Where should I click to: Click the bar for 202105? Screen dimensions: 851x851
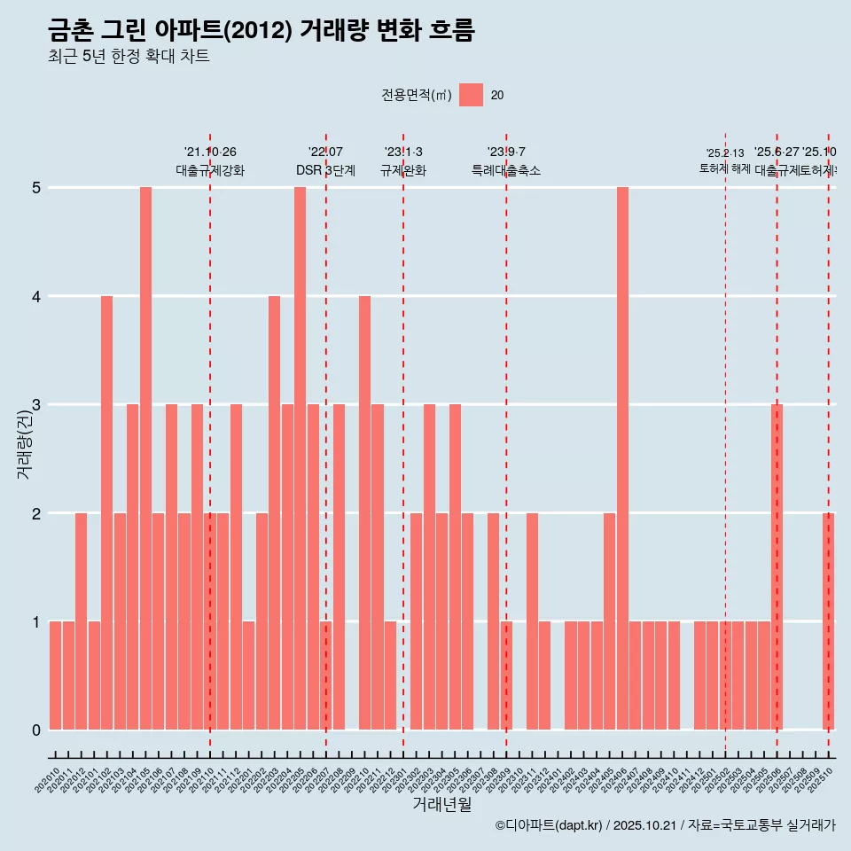(145, 458)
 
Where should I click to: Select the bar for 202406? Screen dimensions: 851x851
(622, 458)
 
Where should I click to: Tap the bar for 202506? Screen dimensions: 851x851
(777, 567)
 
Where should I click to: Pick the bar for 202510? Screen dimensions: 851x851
(828, 621)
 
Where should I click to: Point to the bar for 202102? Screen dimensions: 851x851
(106, 512)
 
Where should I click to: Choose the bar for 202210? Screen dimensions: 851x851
(364, 512)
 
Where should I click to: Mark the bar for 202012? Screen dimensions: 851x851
(81, 621)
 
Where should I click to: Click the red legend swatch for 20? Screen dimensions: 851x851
(472, 95)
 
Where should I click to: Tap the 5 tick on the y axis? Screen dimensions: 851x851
(36, 188)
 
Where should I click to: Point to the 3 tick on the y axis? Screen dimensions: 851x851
(36, 405)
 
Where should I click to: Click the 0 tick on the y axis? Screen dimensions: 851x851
(36, 730)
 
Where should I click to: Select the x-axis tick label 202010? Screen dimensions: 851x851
(48, 780)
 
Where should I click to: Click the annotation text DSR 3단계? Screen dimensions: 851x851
(325, 171)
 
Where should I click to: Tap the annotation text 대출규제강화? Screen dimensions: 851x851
(210, 171)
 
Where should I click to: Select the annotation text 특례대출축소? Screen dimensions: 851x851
(506, 171)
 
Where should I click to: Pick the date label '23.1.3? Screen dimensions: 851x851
(403, 152)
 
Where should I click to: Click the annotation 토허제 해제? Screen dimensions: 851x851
(725, 168)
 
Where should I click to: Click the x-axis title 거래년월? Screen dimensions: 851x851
(441, 804)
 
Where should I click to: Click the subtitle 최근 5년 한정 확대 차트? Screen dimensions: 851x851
(129, 57)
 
